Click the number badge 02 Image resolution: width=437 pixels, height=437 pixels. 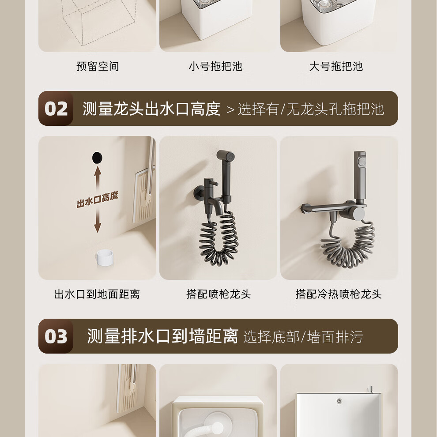point(56,109)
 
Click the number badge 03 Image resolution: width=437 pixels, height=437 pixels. point(56,336)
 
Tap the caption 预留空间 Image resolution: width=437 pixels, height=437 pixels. point(98,66)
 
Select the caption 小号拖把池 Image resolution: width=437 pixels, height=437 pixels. point(215,66)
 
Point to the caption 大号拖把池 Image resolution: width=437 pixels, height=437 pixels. point(336,66)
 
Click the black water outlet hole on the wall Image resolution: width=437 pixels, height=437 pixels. point(97,158)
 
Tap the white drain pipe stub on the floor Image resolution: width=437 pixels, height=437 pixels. point(105,258)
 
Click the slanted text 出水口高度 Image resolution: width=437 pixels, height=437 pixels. point(98,199)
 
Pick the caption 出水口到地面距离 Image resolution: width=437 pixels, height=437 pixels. point(97,294)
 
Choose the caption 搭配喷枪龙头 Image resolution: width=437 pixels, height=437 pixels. point(218,294)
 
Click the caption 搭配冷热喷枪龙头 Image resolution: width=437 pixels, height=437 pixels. point(339,294)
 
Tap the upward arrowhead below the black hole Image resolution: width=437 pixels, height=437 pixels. point(98,170)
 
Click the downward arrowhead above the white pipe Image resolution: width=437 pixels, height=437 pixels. point(98,228)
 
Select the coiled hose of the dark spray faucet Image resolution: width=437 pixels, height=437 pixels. point(219,239)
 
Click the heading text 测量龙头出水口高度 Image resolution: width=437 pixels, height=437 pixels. point(151,109)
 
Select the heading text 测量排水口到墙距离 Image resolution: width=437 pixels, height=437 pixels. point(162,336)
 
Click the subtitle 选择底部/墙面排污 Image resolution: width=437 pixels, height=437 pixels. point(303,337)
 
